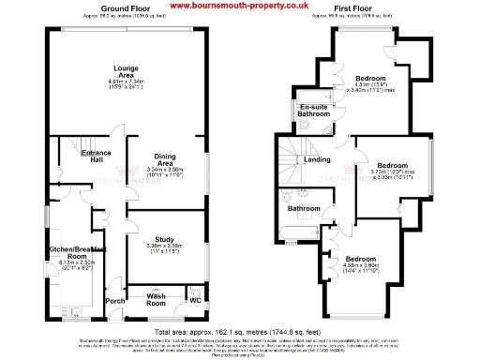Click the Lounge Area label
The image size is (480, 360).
pos(127,71)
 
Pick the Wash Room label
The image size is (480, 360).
pos(155,300)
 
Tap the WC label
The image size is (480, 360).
pos(196,300)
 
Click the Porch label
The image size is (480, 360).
pos(114,300)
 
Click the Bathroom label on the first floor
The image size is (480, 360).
pos(304,208)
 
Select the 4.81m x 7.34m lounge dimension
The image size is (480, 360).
pos(127,83)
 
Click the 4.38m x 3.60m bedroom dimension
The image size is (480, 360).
pos(361,266)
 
